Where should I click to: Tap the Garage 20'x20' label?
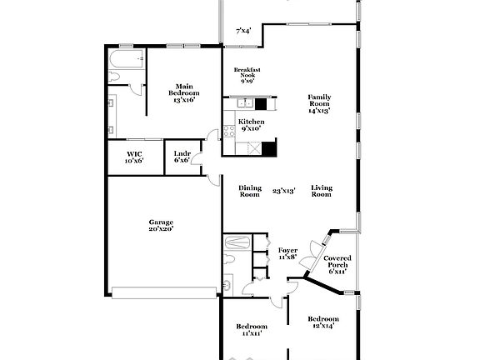(161, 226)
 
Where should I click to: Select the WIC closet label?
(134, 157)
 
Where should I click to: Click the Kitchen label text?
(251, 125)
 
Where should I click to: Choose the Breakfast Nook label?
(247, 75)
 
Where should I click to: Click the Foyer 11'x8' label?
(287, 253)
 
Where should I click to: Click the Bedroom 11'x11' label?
(251, 329)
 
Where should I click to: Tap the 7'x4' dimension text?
(243, 31)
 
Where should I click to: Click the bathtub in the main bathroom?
(127, 59)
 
